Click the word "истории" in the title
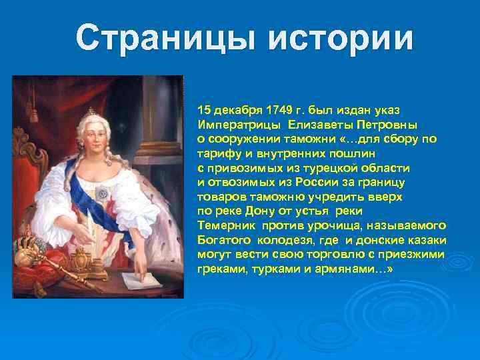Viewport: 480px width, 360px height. [341, 39]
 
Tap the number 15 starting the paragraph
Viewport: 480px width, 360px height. [204, 109]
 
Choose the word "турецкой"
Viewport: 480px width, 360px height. [331, 168]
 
